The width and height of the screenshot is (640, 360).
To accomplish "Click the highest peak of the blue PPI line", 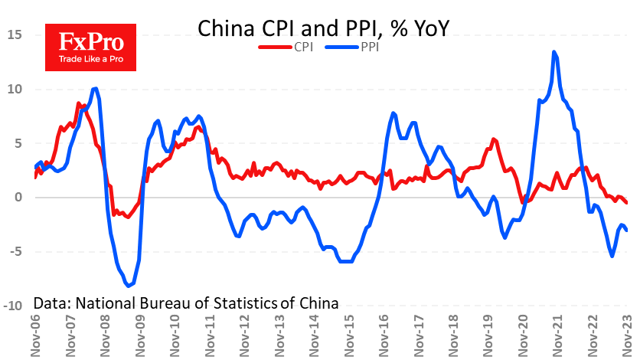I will coord(553,52).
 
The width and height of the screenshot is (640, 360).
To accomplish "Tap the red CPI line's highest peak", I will coord(78,103).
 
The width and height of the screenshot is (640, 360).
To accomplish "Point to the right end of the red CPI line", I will coord(626,202).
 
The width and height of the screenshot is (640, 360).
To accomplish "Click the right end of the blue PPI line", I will coord(626,230).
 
